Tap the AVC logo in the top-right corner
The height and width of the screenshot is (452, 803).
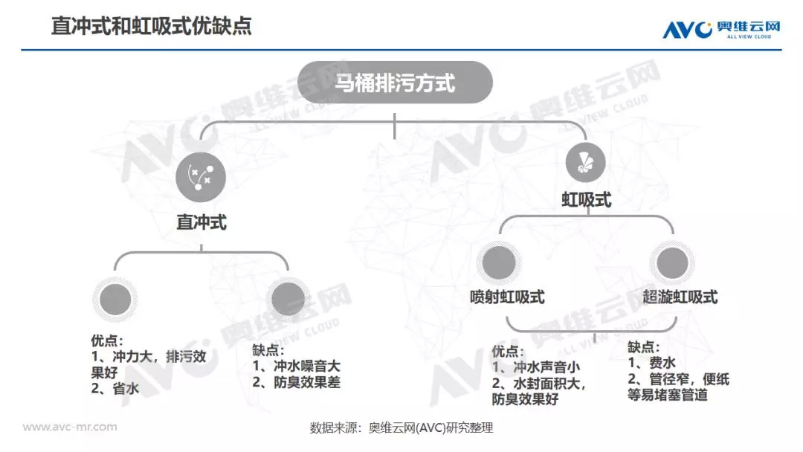click(x=721, y=28)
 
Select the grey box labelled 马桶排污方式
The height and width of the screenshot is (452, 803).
click(x=395, y=82)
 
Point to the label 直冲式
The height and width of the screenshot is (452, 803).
click(x=201, y=222)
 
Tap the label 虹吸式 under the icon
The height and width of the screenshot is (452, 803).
click(x=587, y=201)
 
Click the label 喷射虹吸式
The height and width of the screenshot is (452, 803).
click(x=508, y=297)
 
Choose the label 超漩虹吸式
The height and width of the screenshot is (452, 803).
click(x=680, y=297)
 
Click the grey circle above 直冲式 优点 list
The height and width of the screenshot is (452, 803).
click(x=115, y=299)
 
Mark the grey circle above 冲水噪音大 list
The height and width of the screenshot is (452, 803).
click(x=288, y=299)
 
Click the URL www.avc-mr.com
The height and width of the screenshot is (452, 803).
click(x=70, y=427)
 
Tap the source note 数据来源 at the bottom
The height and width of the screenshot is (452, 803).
click(x=401, y=428)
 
